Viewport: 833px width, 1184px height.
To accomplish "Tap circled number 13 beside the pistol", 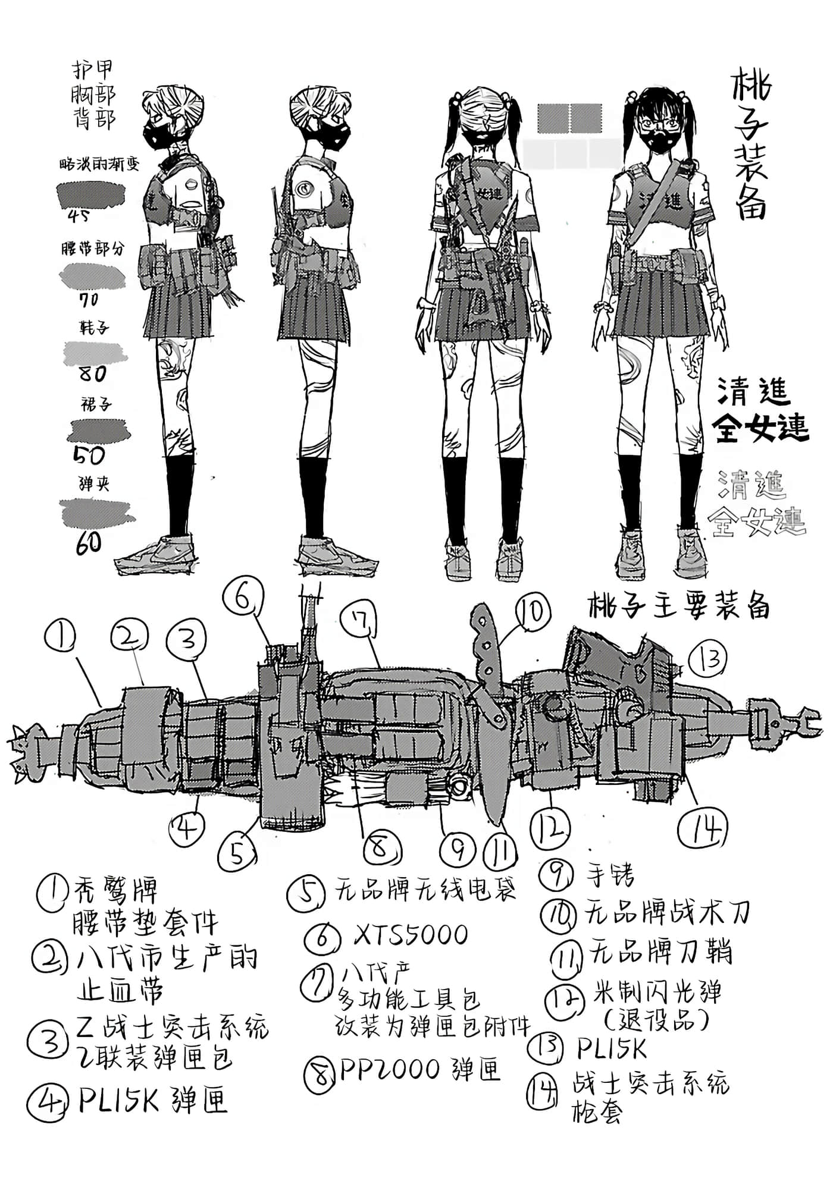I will click(709, 659).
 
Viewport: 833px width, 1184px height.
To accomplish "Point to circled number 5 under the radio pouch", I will click(237, 852).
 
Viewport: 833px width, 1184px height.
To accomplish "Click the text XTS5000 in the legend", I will click(411, 934).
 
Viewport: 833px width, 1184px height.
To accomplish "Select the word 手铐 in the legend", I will click(609, 874).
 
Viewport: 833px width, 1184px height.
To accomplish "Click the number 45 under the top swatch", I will click(79, 216).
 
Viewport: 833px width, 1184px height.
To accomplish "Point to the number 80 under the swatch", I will click(92, 373).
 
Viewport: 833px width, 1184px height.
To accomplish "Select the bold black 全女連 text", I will click(762, 426).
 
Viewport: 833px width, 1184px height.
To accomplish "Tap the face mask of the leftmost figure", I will click(161, 135).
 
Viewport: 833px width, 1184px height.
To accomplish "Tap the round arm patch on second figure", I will click(304, 189).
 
